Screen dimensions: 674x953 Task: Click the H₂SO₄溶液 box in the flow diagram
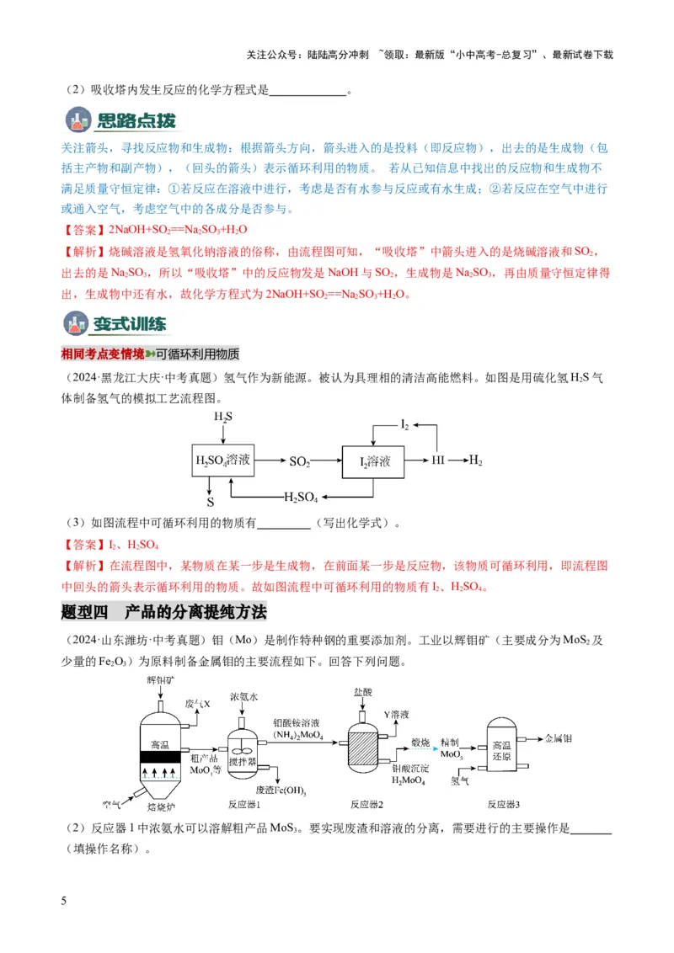(222, 461)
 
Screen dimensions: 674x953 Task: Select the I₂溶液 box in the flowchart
(373, 461)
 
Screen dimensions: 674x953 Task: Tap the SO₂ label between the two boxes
(300, 461)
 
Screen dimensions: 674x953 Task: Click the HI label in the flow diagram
(439, 461)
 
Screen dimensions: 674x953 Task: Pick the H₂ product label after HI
(476, 461)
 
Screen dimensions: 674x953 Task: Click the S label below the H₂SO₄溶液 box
(211, 502)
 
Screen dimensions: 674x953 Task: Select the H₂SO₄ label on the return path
(302, 497)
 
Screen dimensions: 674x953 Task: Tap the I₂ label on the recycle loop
(404, 427)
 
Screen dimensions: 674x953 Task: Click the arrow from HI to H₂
(457, 461)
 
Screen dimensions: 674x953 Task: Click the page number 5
(64, 902)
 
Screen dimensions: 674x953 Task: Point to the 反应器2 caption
(366, 803)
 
